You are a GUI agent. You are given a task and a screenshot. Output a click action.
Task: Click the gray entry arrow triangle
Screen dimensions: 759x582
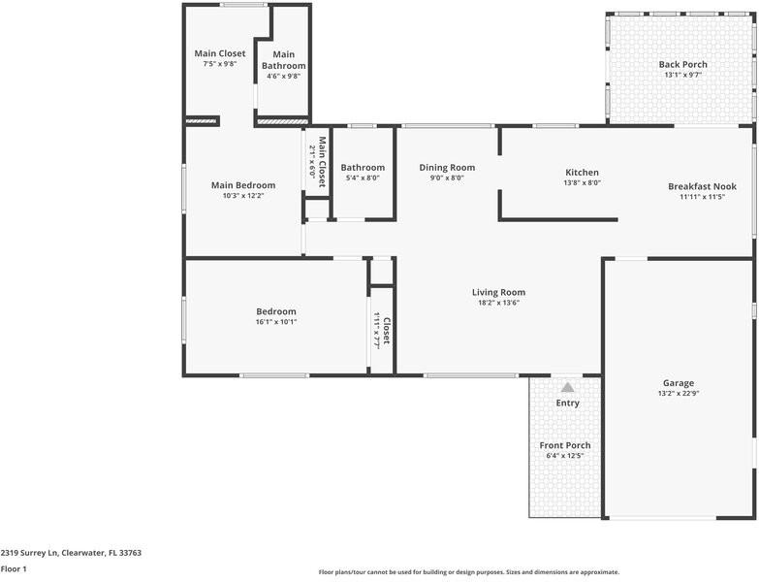[x=567, y=387]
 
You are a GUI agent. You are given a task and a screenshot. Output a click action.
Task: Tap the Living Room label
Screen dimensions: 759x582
[x=498, y=292]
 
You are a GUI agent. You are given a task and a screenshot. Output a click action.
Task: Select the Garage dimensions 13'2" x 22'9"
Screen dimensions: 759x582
[x=679, y=394]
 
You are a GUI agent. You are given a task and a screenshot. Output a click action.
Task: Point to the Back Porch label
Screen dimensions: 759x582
[x=683, y=64]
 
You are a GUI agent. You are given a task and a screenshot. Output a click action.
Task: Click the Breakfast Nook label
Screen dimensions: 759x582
[x=703, y=186]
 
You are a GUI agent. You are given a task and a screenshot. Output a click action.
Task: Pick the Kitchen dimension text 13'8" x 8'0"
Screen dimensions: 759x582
[x=582, y=183]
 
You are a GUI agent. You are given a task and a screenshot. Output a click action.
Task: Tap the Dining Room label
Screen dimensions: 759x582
[x=447, y=168]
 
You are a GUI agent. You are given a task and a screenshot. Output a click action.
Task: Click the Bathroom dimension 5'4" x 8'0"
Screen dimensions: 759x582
[x=363, y=178]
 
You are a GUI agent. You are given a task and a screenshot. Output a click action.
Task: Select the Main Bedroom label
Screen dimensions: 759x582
[x=243, y=185]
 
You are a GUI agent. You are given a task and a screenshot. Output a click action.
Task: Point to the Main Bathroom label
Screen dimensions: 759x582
[x=284, y=60]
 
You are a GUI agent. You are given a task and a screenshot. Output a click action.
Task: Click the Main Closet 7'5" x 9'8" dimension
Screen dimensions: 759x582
[x=220, y=64]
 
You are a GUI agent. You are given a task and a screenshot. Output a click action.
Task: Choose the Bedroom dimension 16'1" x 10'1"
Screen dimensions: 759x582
[x=276, y=322]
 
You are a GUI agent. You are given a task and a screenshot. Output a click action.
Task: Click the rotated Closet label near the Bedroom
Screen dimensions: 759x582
[x=386, y=331]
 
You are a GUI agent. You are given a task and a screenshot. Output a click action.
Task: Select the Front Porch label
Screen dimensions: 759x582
[x=565, y=445]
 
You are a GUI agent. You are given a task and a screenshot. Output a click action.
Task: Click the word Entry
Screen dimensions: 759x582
[x=567, y=403]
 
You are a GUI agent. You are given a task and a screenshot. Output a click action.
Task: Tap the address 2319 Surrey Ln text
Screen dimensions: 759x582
[x=28, y=553]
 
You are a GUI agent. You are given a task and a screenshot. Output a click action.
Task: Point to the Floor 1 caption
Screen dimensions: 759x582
[x=14, y=569]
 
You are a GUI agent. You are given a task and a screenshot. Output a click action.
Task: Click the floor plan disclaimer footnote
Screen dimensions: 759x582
[x=468, y=572]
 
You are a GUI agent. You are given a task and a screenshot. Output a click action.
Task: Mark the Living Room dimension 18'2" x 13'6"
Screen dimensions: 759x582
[x=498, y=303]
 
